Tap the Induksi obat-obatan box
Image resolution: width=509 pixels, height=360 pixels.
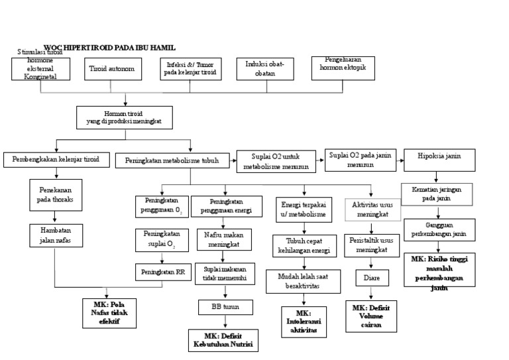(266, 68)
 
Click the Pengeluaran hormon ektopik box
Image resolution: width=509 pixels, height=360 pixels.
(338, 67)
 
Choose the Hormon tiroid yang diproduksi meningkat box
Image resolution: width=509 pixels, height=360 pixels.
(124, 117)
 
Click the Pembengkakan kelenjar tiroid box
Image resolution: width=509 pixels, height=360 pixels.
(56, 160)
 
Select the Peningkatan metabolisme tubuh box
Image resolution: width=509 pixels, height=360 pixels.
(173, 160)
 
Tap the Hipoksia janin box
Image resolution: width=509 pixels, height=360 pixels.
(437, 158)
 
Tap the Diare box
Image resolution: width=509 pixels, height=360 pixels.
(372, 278)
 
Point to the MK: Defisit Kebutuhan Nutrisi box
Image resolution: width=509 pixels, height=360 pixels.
(222, 340)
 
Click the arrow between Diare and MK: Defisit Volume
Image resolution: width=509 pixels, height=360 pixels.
(372, 294)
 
